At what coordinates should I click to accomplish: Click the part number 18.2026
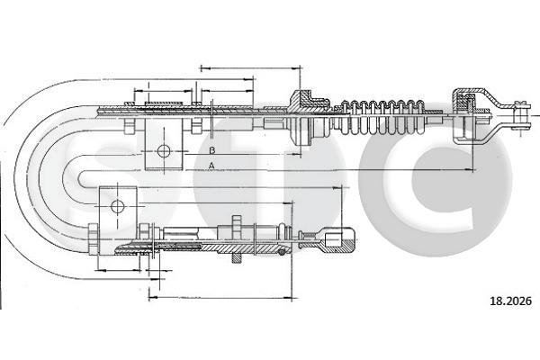coord(510,301)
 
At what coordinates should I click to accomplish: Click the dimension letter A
coord(211,166)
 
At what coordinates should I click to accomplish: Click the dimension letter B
coord(212,150)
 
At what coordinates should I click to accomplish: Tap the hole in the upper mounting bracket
coord(164,151)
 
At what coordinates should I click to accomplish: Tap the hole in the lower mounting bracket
coord(117,207)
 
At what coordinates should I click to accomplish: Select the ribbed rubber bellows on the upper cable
coord(382,117)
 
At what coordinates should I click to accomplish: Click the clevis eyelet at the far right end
coord(520,115)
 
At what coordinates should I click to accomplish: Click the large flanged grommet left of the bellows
coord(301,118)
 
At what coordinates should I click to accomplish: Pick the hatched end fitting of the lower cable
coord(338,240)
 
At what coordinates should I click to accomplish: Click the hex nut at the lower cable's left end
coord(93,239)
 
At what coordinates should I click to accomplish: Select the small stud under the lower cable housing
coord(236,258)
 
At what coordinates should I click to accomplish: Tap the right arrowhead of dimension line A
coord(471,169)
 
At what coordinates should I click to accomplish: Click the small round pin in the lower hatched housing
coord(282,252)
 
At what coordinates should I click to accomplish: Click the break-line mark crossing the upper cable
coord(211,118)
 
